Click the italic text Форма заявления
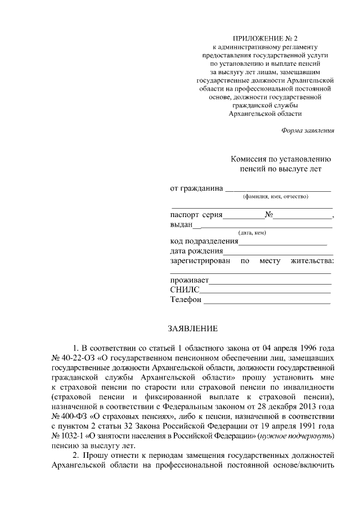(308, 130)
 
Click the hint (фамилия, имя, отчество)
(276, 197)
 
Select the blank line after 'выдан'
(263, 226)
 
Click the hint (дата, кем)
(252, 233)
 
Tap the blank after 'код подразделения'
(283, 244)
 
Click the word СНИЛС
(184, 290)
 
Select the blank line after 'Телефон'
(267, 301)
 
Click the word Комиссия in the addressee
(249, 159)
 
